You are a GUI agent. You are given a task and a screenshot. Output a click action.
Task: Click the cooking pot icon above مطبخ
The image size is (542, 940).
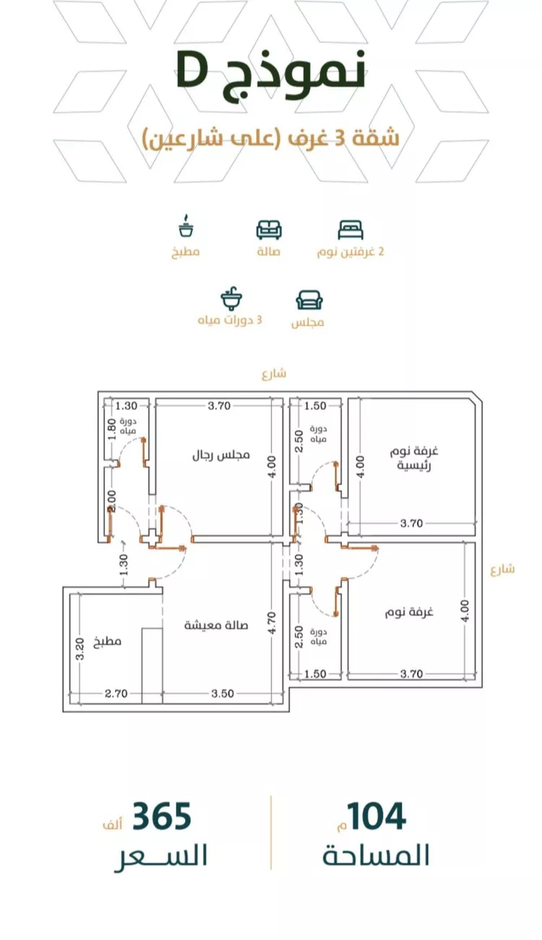[x=186, y=226]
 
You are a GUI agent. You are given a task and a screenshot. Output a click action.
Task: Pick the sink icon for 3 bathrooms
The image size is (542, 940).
[x=231, y=298]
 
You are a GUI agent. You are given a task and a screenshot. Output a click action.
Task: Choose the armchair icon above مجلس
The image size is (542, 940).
[x=309, y=300]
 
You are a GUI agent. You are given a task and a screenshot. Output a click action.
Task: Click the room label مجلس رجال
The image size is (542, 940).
[x=221, y=455]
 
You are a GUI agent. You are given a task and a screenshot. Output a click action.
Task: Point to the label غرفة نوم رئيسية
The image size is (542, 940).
[x=413, y=458]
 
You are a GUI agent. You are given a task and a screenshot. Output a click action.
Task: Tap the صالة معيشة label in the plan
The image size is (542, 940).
[x=216, y=625]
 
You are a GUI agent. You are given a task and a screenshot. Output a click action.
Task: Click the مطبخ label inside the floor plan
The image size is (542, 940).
[x=108, y=641]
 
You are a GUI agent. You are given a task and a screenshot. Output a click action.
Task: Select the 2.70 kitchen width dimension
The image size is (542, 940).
[x=116, y=693]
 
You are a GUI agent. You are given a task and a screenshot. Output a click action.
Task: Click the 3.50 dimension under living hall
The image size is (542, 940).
[x=223, y=693]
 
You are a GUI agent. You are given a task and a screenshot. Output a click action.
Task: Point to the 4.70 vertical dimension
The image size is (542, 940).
[x=272, y=623]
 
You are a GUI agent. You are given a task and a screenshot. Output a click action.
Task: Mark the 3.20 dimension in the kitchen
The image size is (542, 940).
[x=79, y=649]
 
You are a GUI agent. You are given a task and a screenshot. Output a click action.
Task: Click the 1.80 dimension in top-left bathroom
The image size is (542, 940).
[x=111, y=429]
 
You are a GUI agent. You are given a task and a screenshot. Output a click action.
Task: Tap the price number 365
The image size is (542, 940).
[x=162, y=817]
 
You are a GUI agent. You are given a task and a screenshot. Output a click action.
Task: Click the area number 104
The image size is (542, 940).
[x=377, y=817]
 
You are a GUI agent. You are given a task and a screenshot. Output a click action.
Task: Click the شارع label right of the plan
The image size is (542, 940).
[x=502, y=569]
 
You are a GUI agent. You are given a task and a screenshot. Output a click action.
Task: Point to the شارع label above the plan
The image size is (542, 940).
[x=274, y=373]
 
